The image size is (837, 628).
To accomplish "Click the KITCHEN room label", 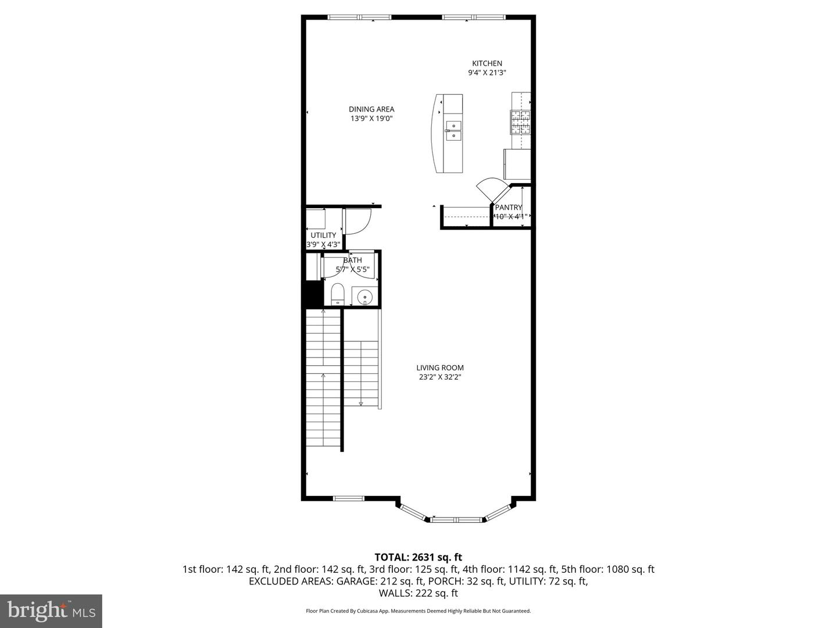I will click(487, 63).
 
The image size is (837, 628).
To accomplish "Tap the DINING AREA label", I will click(371, 109).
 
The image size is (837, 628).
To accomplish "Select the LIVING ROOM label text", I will click(440, 367).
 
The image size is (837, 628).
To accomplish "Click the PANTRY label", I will click(509, 207).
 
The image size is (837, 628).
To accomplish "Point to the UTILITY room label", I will click(323, 235).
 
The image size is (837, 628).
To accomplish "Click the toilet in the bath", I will click(338, 294).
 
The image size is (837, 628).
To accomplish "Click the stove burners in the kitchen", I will click(521, 122).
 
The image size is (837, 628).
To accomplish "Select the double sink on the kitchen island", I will click(453, 131).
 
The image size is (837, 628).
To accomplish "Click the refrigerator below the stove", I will click(517, 164).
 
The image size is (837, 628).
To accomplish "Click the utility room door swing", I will click(357, 221).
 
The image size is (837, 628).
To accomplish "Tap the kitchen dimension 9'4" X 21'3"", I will click(487, 73).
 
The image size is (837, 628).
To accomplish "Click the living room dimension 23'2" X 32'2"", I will click(440, 377).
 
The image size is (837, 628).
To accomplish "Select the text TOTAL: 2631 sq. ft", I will click(419, 557).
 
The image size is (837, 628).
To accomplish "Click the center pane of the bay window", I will click(456, 519).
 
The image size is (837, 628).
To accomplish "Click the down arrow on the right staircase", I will click(361, 403).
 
